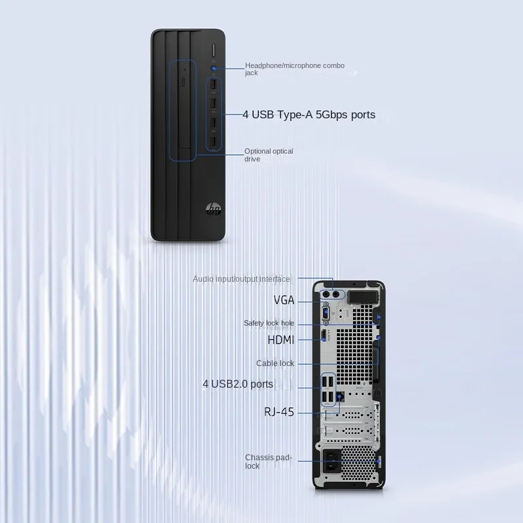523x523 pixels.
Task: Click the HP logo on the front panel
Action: pos(214,209)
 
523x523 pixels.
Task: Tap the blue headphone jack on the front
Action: pos(214,67)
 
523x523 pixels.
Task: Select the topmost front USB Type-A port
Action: pos(214,85)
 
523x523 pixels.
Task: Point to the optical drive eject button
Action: pos(183,83)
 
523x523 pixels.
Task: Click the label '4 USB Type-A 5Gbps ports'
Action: pos(309,115)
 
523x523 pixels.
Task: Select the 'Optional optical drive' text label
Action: pos(268,155)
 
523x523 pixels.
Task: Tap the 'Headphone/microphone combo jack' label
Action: pos(294,69)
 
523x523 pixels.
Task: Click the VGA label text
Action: pos(284,300)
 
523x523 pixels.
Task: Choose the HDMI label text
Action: pos(281,340)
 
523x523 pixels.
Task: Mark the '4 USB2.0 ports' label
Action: pos(238,384)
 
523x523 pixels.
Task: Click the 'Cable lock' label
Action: pos(275,363)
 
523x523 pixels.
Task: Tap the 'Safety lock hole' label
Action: pos(269,323)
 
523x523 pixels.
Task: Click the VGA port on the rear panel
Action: pos(326,311)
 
